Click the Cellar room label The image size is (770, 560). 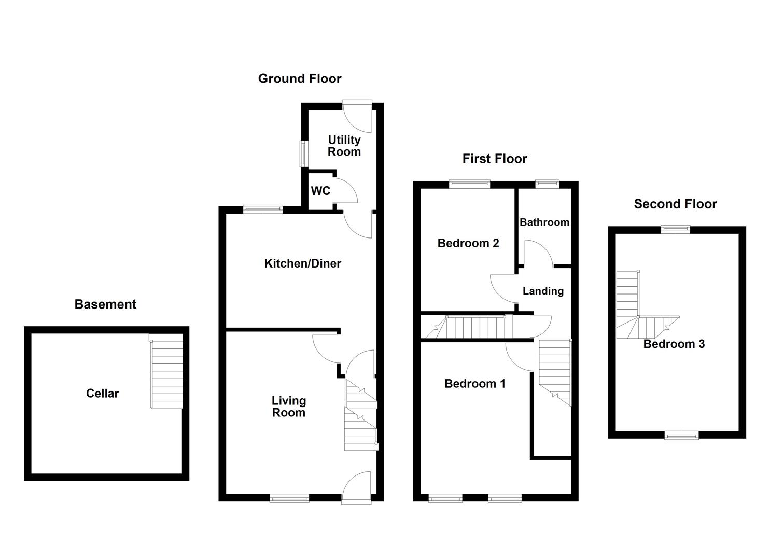coord(102,394)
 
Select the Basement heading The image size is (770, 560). coord(105,304)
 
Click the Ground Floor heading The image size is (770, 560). coord(300,79)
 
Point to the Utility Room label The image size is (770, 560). coord(344,146)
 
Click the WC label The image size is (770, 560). coord(320,191)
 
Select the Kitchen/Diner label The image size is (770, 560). coord(303,263)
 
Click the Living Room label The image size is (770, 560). coord(289,407)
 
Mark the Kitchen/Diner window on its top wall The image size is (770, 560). coord(263,209)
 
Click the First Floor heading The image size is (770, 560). coord(495,159)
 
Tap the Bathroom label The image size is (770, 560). coord(544,222)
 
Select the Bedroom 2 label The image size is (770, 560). coord(468,243)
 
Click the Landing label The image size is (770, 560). coord(543,291)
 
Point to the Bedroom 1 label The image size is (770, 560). coord(475,384)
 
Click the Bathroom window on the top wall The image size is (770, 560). coord(547,184)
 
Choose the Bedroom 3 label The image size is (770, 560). coord(674,344)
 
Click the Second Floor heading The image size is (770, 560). coord(675,204)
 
